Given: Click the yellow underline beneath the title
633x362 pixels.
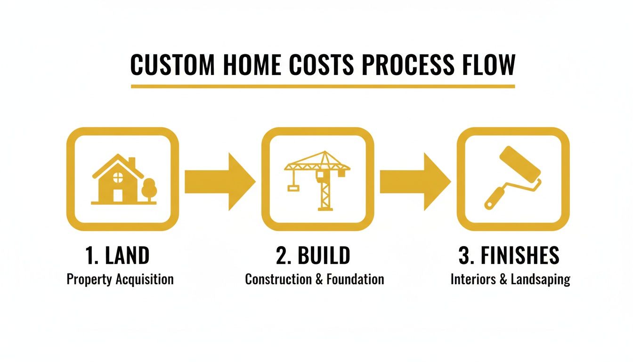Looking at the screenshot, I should point(323,86).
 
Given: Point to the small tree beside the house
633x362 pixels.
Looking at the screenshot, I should point(149,189).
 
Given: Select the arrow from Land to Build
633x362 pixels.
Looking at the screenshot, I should point(219,181).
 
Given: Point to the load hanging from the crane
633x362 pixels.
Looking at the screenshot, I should point(293,189).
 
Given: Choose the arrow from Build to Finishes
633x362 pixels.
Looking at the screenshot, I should point(414,181).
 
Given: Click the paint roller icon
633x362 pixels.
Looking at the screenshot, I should point(513,177).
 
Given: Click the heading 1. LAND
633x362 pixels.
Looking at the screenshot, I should point(118,255).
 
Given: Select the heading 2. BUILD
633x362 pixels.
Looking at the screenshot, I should point(313,255).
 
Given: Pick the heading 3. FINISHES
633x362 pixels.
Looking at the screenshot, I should point(509,255).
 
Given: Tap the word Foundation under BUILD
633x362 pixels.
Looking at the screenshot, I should point(355,279).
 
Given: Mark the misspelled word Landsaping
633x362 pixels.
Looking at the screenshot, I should point(541,279).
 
